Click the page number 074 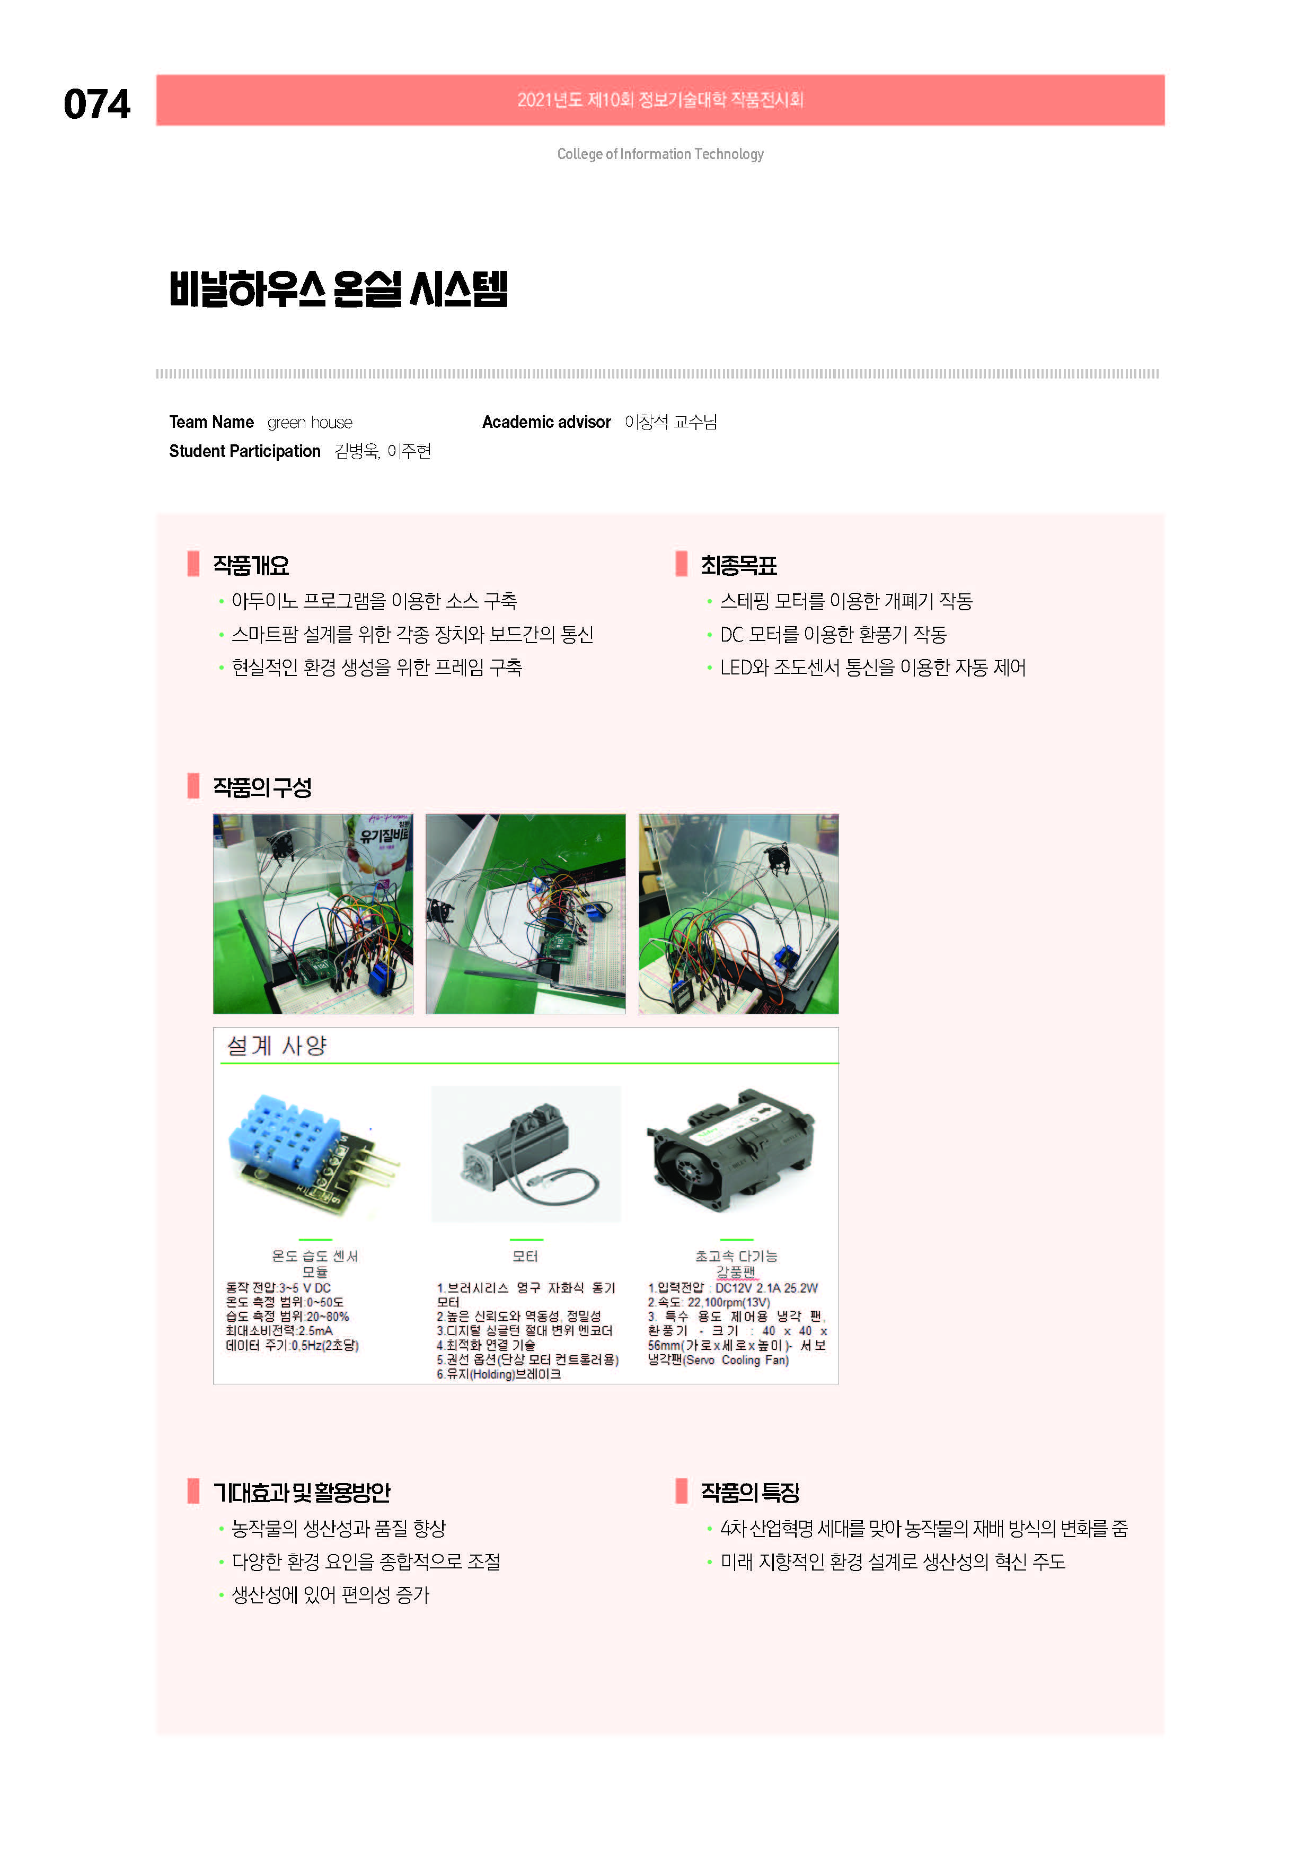96,104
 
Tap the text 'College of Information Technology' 660,154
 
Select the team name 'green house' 310,423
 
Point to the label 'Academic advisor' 546,422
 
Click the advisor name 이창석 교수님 670,422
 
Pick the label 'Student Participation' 244,451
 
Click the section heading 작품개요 251,565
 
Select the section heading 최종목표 738,565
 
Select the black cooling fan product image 731,1151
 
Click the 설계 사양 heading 276,1046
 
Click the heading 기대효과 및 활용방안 301,1492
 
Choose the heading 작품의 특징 750,1492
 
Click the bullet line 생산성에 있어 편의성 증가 330,1595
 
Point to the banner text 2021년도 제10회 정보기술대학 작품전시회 660,100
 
